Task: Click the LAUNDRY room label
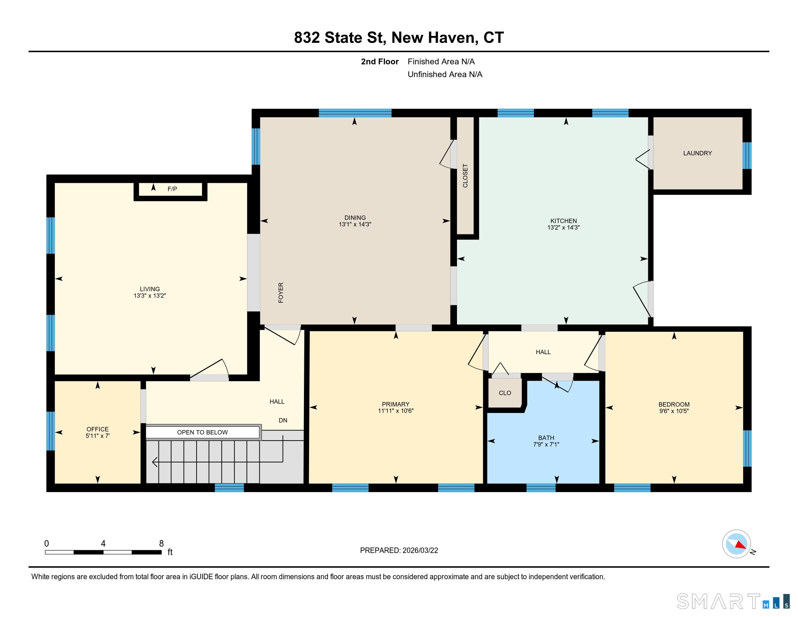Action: pos(697,153)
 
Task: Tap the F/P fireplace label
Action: pos(172,189)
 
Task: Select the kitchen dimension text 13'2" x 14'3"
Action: pos(563,228)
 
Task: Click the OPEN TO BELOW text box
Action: pos(202,432)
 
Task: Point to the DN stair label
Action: pos(283,420)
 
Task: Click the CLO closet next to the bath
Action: pos(505,393)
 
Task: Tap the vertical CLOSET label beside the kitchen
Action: pos(465,176)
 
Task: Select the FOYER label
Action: pos(281,293)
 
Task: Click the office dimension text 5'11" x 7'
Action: pos(98,436)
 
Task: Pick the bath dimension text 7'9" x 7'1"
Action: pos(546,445)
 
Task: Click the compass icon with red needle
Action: pos(736,544)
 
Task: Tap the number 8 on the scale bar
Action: pos(161,544)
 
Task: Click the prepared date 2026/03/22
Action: pos(420,551)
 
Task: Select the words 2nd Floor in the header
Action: pos(379,62)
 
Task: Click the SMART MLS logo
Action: pos(732,601)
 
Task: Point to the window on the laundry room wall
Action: pos(747,155)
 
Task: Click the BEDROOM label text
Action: pos(674,404)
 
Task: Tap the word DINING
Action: pos(355,217)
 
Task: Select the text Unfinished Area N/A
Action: pos(445,74)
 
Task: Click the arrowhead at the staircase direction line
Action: pos(155,462)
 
